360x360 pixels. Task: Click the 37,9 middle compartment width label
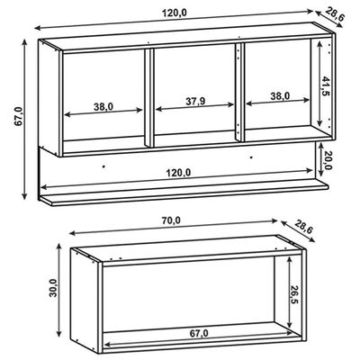tap(195, 102)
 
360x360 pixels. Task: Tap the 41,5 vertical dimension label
tap(326, 85)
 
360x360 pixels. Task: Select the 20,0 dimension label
tap(328, 159)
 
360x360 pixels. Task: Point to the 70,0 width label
tap(171, 220)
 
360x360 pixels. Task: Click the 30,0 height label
tap(53, 288)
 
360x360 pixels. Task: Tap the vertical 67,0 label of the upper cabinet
tap(18, 116)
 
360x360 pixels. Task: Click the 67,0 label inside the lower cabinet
tap(199, 333)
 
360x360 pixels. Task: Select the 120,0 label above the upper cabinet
tap(175, 13)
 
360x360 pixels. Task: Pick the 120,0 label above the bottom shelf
tap(178, 173)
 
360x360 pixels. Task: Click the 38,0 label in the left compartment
tap(103, 106)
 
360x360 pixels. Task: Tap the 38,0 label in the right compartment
tap(280, 96)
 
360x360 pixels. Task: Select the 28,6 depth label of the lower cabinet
tap(303, 227)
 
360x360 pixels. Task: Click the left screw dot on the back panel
tap(103, 166)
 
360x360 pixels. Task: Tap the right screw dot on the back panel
tap(251, 157)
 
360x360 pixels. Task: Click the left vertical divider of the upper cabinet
tap(149, 97)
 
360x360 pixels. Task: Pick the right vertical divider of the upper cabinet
tap(239, 93)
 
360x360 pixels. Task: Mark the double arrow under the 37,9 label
tap(195, 107)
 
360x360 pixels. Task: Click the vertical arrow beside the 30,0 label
tap(59, 290)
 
